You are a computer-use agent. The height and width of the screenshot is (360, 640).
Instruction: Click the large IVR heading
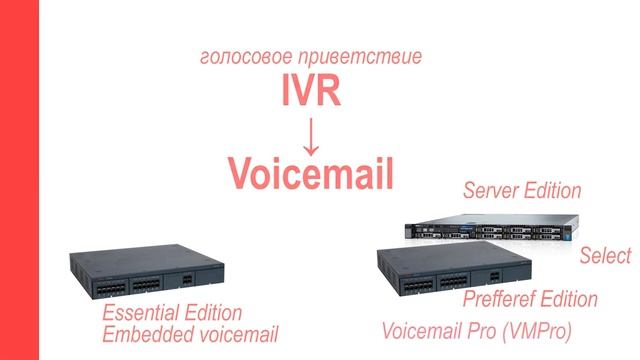tap(311, 92)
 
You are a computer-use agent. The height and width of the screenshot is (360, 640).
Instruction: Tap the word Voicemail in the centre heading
tap(311, 173)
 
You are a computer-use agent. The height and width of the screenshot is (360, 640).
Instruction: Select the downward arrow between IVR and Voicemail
tap(311, 132)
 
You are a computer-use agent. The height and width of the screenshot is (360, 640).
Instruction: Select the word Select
tap(606, 256)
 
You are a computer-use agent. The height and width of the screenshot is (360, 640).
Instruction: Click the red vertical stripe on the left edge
tap(18, 180)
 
